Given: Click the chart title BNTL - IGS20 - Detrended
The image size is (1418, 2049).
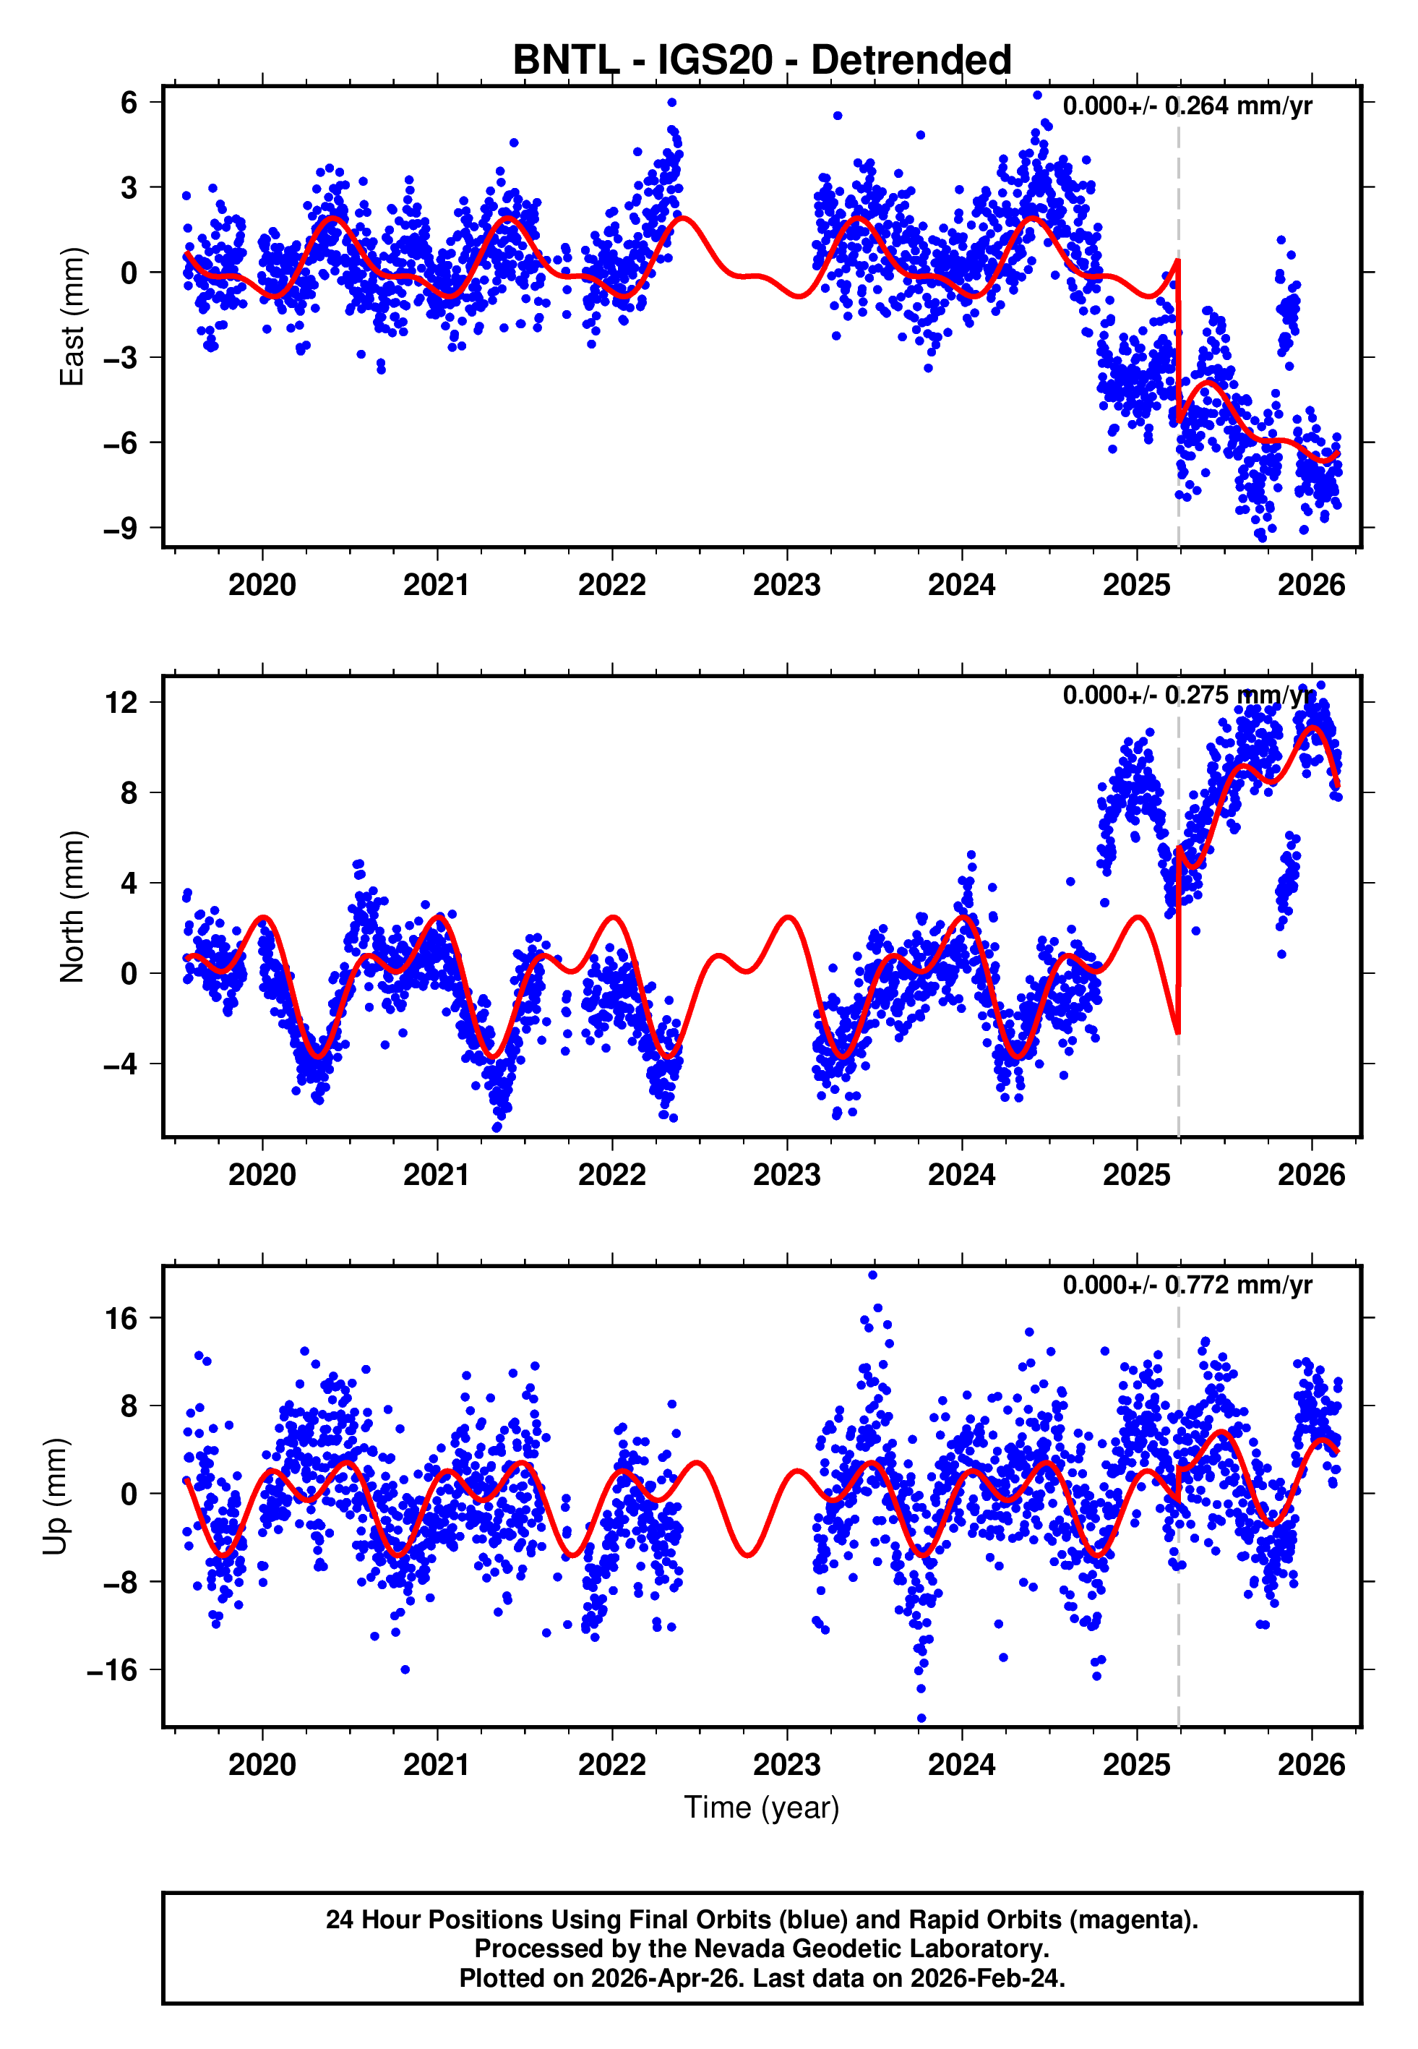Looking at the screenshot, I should coord(762,61).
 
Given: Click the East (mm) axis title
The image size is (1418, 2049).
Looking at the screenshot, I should coord(71,317).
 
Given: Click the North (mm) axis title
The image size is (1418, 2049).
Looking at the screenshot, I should coord(71,907).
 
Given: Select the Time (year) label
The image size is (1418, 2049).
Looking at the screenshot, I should coord(762,1808).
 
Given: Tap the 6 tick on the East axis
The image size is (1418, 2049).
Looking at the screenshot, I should coord(129,102).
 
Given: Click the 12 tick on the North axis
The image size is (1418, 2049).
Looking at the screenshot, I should coord(121,703).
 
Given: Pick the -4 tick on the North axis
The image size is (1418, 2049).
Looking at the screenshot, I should coord(121,1064).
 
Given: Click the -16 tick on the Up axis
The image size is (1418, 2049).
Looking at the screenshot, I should coord(112,1670).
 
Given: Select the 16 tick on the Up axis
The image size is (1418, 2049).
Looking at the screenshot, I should coord(121,1319).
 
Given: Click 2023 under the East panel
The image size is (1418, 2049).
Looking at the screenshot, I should coord(786,586).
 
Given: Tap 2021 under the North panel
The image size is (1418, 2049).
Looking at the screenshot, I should coord(437,1175).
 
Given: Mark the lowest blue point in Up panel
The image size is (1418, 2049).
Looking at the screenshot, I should coord(921,1719).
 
